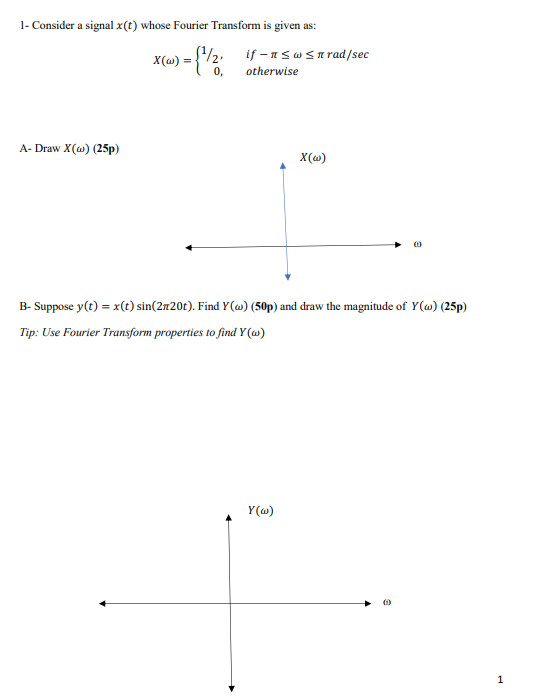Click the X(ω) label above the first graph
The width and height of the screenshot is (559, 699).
(314, 158)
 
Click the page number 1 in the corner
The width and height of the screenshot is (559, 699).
(500, 678)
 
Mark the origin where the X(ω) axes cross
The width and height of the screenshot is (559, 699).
(287, 243)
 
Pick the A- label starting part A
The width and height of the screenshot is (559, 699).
(26, 150)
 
